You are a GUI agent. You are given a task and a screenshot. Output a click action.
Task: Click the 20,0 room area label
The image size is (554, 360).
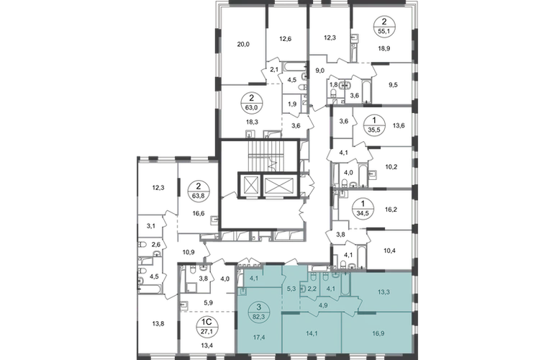point(243,44)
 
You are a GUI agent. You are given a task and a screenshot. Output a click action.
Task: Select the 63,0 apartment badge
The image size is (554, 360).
point(251,103)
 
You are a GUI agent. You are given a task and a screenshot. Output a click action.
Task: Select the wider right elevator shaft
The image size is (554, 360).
point(279,184)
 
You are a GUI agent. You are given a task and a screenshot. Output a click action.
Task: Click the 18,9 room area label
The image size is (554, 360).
point(384,48)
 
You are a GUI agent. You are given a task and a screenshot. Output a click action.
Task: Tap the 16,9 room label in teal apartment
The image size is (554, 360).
point(378,333)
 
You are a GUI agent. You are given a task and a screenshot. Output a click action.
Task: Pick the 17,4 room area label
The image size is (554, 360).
point(259,337)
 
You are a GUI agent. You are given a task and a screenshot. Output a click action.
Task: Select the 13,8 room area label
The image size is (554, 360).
point(158,323)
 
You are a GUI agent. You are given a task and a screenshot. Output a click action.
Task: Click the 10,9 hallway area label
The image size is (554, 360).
point(189,252)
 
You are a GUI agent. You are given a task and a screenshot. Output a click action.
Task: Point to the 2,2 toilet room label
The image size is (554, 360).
point(312,289)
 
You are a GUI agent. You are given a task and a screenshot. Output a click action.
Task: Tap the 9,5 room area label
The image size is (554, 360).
point(393,84)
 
